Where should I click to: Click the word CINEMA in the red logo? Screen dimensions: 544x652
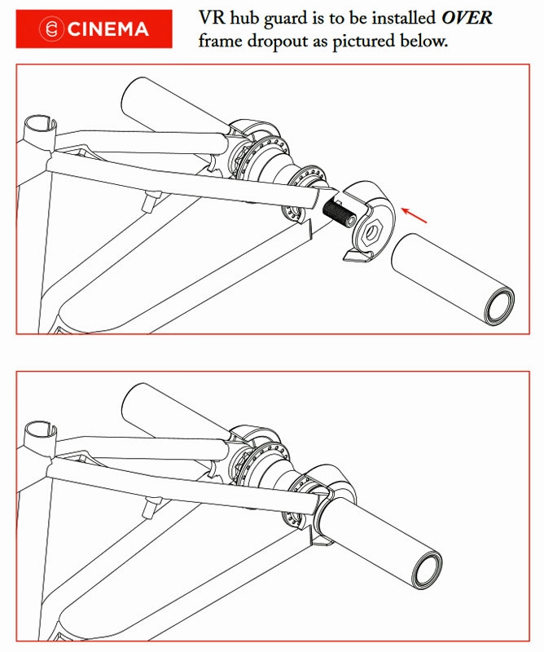[107, 29]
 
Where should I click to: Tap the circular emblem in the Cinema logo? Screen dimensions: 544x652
[51, 29]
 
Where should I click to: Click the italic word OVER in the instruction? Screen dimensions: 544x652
[467, 18]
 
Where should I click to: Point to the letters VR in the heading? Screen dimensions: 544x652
[213, 18]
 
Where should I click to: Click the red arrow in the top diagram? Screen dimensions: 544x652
[414, 214]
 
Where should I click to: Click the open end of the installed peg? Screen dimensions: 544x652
[428, 571]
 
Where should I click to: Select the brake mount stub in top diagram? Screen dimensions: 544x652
[151, 200]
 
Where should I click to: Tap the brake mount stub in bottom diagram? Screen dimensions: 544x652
[151, 508]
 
